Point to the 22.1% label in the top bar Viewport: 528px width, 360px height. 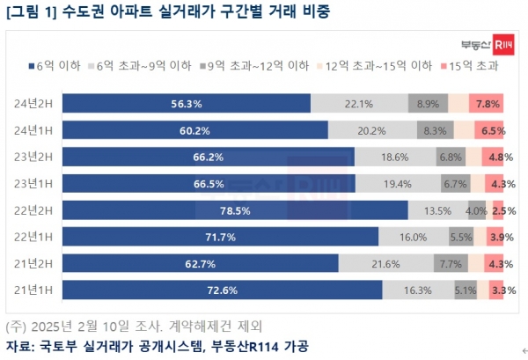[360, 104]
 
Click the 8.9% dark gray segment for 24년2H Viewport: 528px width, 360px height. [428, 104]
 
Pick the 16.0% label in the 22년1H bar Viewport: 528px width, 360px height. [413, 237]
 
